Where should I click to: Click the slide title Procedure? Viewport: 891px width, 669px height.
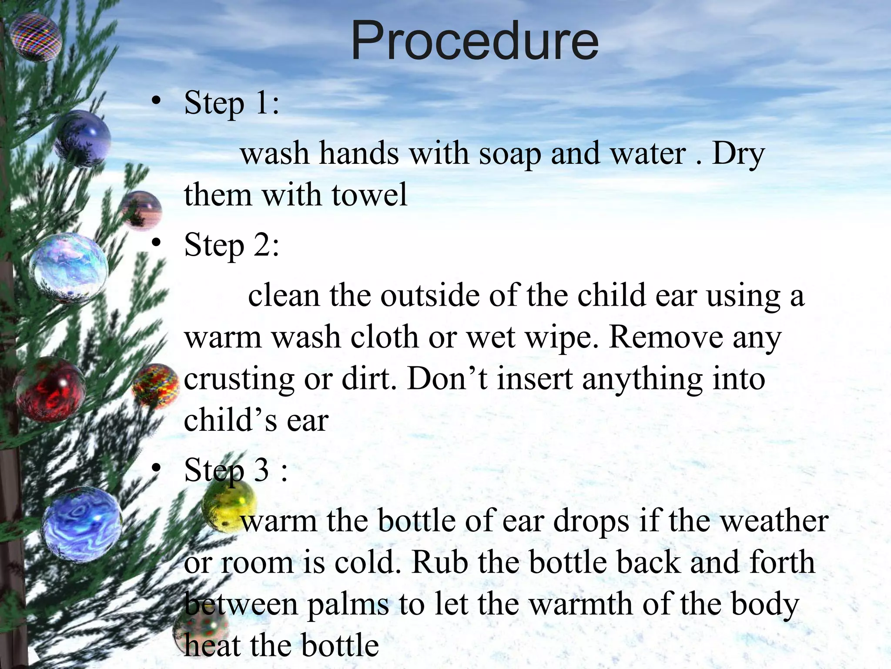click(x=475, y=41)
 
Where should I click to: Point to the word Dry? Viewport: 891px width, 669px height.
click(x=738, y=155)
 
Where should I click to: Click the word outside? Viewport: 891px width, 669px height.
click(x=430, y=296)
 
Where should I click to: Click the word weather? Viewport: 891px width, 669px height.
click(x=775, y=521)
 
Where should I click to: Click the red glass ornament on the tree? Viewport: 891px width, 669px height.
click(x=50, y=389)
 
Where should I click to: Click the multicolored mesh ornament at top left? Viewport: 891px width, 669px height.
click(x=36, y=37)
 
